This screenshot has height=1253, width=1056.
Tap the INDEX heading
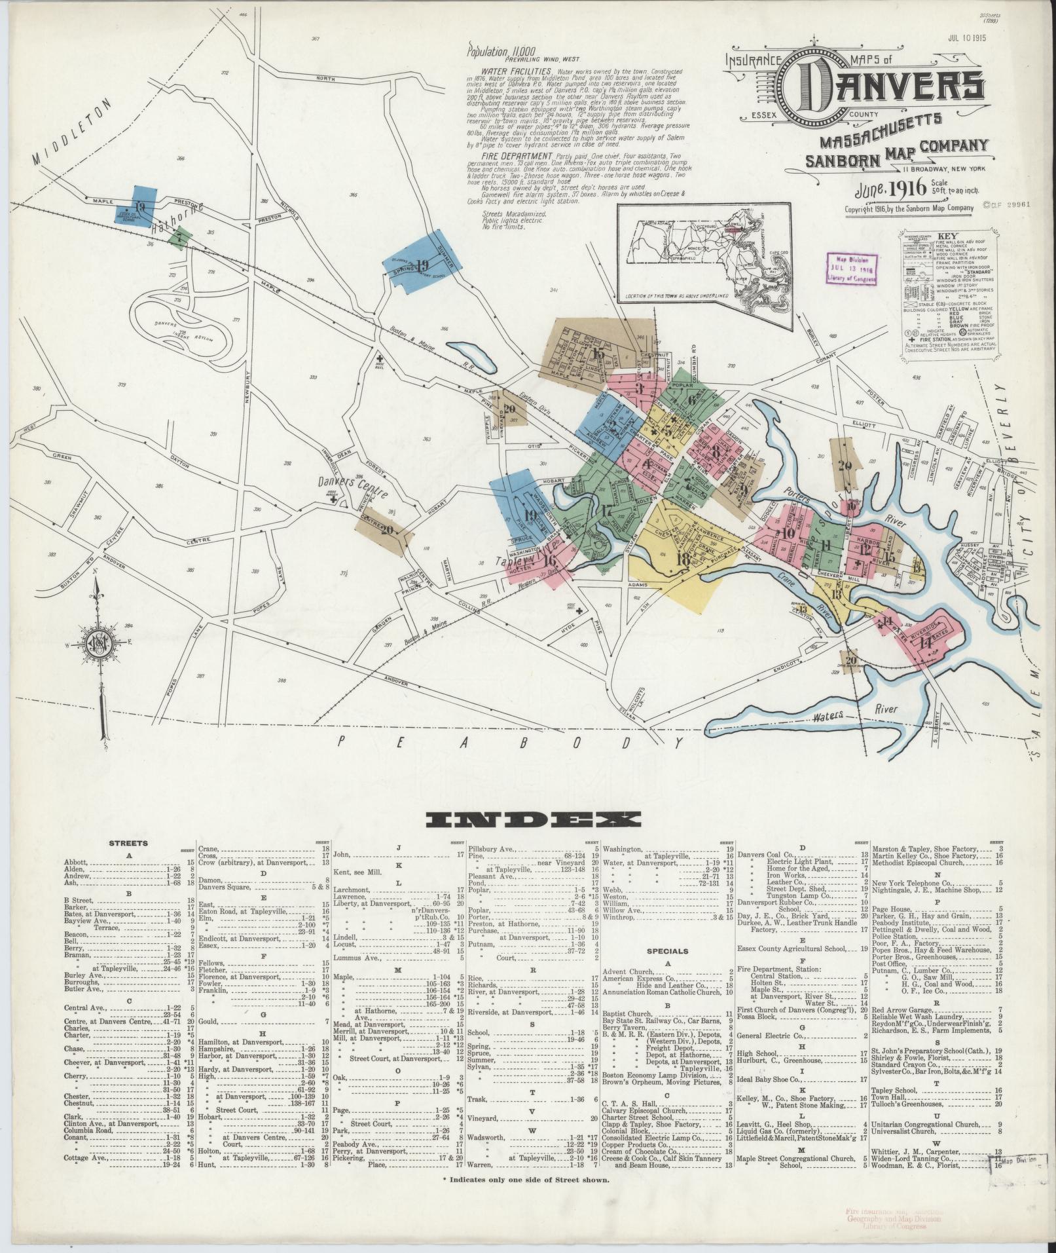click(x=533, y=820)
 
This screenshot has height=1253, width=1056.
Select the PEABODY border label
click(x=511, y=742)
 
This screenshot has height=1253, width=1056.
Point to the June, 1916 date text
click(x=887, y=189)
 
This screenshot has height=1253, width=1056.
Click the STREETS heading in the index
click(x=128, y=844)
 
